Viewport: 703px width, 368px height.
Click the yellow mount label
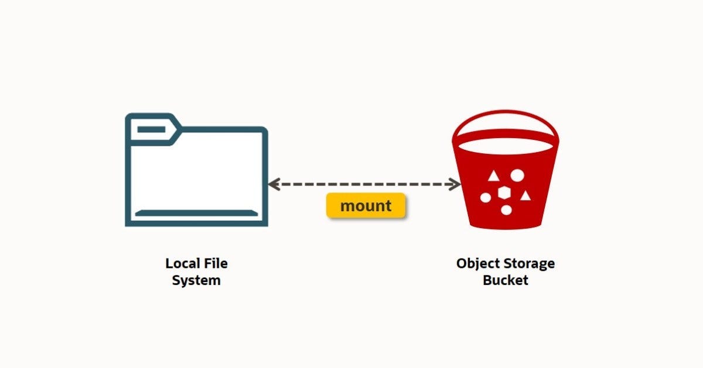pos(366,206)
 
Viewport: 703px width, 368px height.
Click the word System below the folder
pos(196,280)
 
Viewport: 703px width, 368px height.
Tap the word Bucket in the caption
pos(505,280)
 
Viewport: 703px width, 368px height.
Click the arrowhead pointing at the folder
pos(274,184)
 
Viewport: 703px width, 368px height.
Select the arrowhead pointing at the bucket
pos(456,184)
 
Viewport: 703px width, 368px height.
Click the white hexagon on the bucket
pos(503,193)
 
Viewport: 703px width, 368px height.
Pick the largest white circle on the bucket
pos(517,174)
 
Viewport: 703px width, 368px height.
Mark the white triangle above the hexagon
pos(493,176)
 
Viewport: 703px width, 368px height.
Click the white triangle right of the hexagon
pos(525,195)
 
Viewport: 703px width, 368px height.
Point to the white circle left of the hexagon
pos(486,198)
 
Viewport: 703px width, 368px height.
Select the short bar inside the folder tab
pos(151,128)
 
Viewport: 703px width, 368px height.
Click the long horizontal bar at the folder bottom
pos(196,213)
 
